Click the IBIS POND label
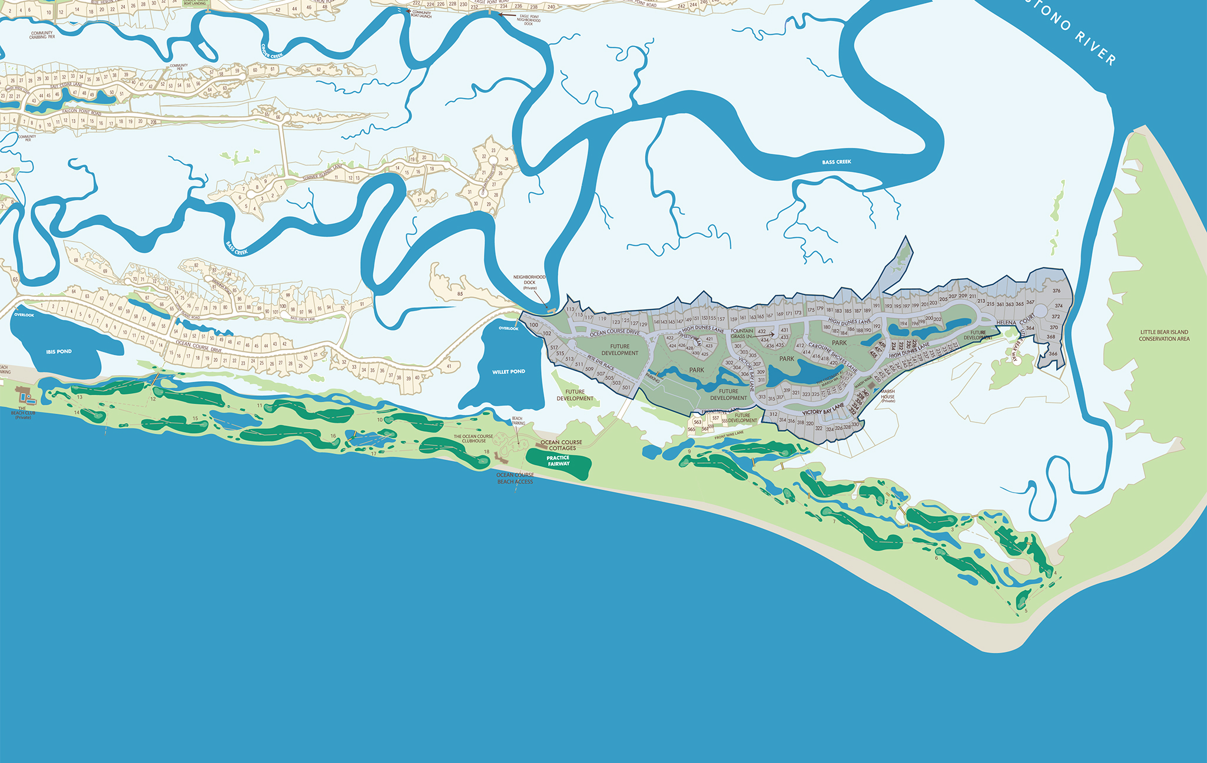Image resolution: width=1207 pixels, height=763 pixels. [59, 352]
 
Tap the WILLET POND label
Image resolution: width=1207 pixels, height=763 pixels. [509, 372]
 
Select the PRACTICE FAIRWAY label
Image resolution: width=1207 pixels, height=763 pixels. [558, 461]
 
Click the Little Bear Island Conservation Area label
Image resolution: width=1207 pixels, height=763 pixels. [1164, 335]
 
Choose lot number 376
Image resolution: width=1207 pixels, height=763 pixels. [1056, 291]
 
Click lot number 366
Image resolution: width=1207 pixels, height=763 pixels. [1053, 354]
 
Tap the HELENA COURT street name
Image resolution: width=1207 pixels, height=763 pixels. [1016, 321]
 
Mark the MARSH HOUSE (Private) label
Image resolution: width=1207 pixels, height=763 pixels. [888, 395]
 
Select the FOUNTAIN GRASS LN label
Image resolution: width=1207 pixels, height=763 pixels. [742, 333]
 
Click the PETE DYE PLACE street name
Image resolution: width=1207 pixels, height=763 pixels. [601, 363]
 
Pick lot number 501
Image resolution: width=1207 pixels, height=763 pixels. [626, 388]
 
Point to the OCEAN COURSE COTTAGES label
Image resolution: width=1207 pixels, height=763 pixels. [561, 445]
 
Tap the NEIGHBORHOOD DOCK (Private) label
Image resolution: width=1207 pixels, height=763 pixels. [529, 282]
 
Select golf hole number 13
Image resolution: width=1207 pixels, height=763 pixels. [79, 397]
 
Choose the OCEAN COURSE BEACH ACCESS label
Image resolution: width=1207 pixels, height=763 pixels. [515, 478]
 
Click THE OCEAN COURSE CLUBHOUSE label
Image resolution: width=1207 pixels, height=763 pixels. [473, 439]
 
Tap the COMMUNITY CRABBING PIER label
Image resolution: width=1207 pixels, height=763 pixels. [42, 35]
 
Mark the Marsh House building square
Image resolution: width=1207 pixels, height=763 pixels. [871, 384]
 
